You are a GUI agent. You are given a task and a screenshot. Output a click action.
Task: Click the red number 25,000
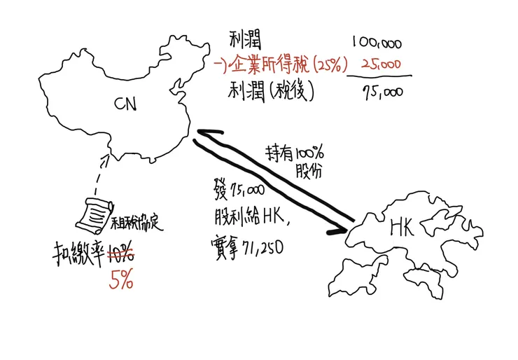(380, 65)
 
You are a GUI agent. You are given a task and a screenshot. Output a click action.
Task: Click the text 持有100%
(292, 153)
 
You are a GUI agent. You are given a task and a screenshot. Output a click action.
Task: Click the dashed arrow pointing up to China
(104, 172)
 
